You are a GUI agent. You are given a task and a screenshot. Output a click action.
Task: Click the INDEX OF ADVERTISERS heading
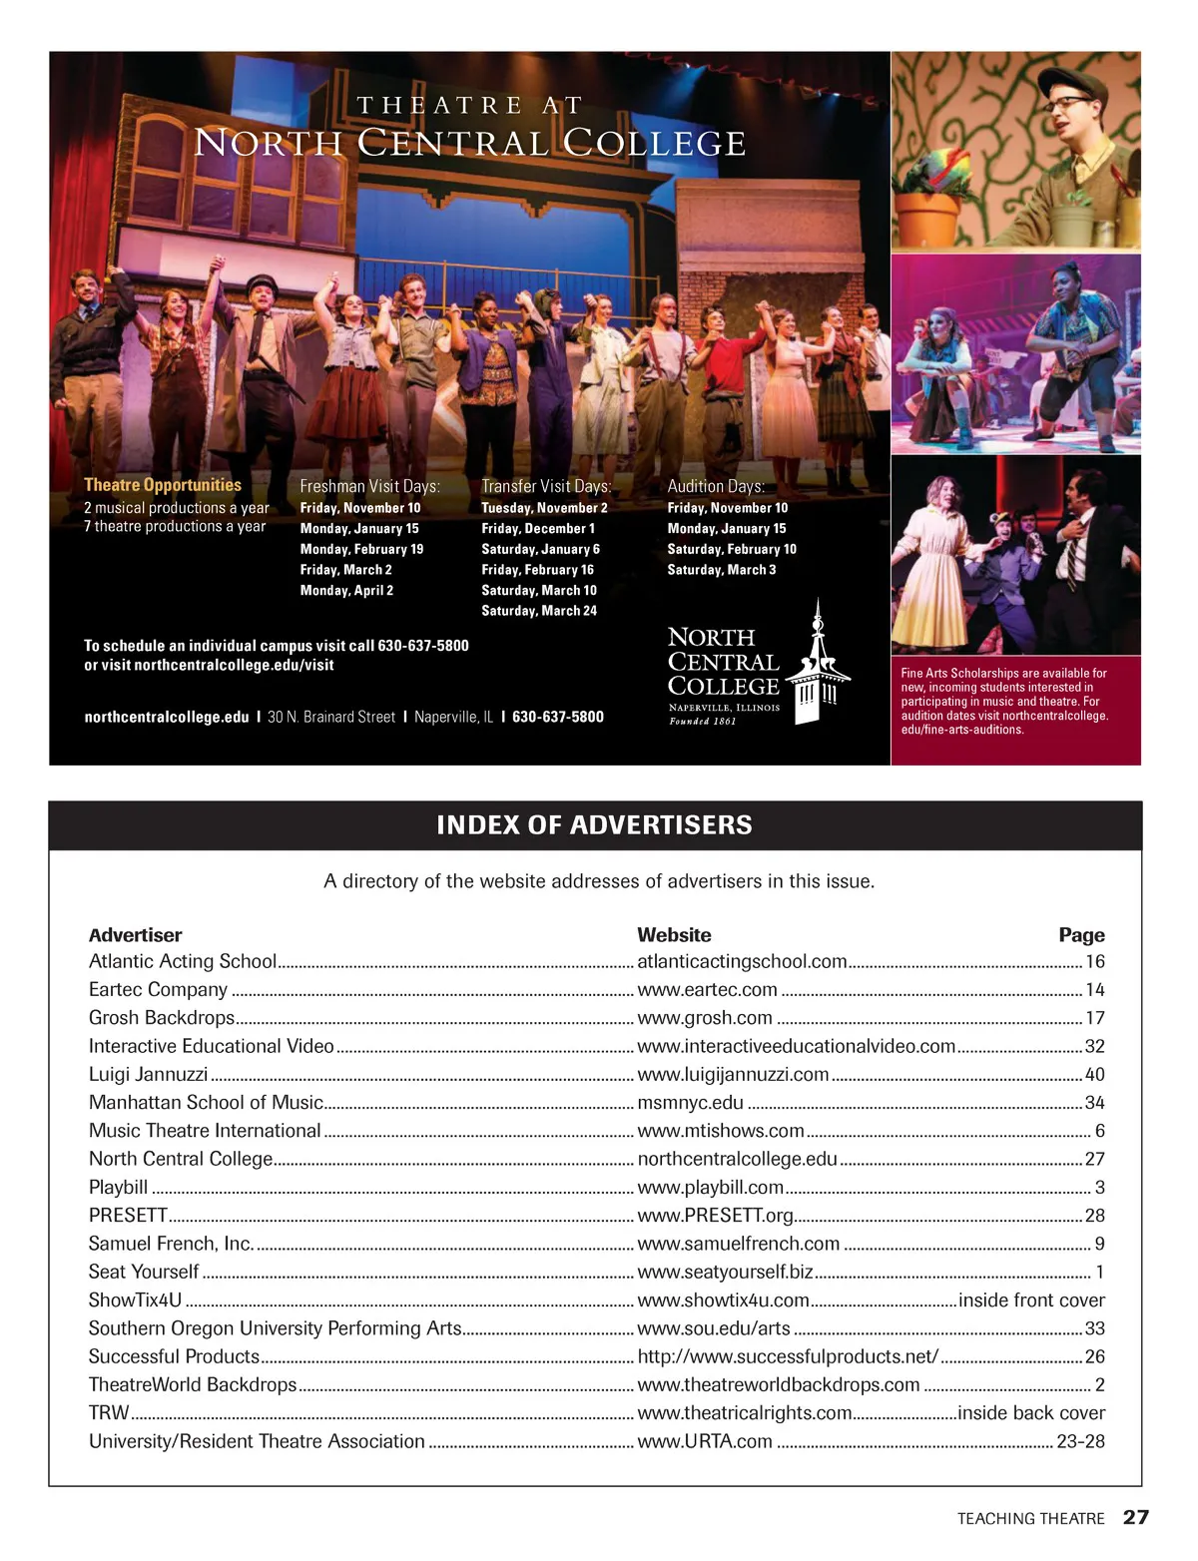click(x=594, y=825)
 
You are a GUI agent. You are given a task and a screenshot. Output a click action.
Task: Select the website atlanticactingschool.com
click(x=742, y=961)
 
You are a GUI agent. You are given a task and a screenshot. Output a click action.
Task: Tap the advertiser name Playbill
click(x=118, y=1187)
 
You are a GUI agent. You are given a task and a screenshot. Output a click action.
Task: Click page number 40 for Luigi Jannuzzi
click(x=1094, y=1074)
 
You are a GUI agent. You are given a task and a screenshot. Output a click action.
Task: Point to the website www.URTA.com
click(x=704, y=1441)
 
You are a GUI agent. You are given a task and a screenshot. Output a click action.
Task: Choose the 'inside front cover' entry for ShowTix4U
click(x=1031, y=1300)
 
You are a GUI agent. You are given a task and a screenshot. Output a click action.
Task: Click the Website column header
click(x=674, y=935)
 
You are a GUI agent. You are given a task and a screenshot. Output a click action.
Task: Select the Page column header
click(x=1081, y=935)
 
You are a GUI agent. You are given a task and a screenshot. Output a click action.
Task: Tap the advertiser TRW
click(x=109, y=1412)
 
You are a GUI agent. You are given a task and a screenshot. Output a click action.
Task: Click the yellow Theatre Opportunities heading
click(x=163, y=485)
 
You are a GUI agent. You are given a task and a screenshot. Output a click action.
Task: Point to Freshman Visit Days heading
click(x=369, y=486)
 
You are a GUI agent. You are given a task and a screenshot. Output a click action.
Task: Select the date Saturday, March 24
click(x=539, y=611)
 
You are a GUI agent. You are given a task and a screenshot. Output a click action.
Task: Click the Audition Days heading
click(x=716, y=486)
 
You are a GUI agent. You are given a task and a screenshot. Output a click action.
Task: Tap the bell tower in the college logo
click(x=818, y=664)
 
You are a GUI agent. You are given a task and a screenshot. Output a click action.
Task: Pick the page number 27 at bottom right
click(x=1136, y=1517)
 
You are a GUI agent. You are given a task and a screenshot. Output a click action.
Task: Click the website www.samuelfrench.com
click(x=738, y=1244)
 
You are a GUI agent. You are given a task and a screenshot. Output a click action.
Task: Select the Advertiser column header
click(x=135, y=935)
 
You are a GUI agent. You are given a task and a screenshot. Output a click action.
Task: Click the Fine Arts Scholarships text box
click(x=1014, y=702)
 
